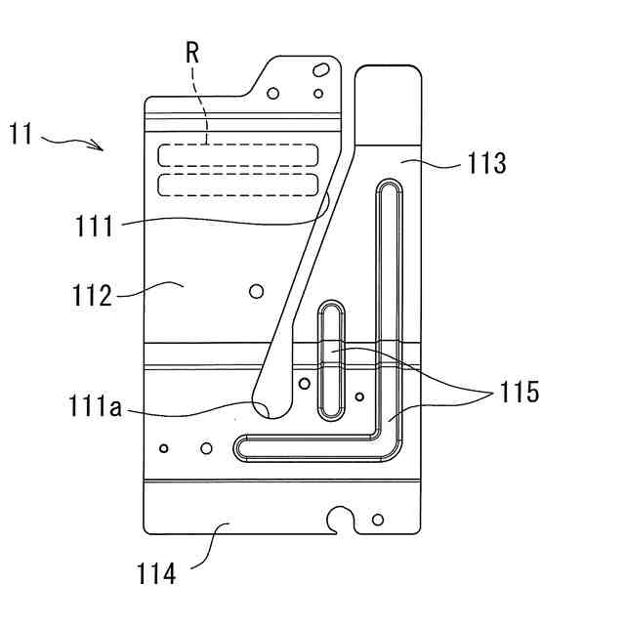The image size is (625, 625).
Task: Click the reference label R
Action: [192, 55]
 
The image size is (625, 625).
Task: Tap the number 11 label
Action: [21, 133]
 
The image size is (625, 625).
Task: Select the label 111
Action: [94, 227]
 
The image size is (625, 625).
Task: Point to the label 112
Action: [93, 294]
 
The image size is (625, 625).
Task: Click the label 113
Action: [486, 163]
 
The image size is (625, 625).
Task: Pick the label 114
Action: [156, 574]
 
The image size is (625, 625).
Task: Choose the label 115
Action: [519, 392]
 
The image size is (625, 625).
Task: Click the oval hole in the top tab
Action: [320, 70]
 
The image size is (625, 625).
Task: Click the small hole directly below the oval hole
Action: [318, 94]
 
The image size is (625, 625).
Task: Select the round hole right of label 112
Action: [257, 291]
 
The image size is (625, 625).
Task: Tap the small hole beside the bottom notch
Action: [378, 519]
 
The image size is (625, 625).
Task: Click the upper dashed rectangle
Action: [238, 153]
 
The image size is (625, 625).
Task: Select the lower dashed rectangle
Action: [238, 185]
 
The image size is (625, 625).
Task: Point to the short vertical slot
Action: [332, 359]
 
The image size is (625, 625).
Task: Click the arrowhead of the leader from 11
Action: [101, 148]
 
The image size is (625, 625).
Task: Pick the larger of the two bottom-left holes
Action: [206, 448]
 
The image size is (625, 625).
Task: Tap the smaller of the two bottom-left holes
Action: [164, 448]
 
